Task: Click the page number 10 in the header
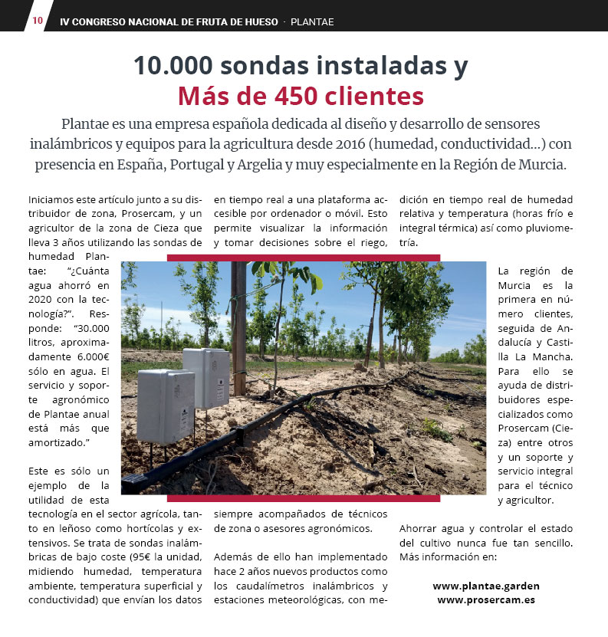coord(38,21)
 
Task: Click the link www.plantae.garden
coord(486,586)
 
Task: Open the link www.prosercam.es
coord(486,599)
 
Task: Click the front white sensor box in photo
coord(165,406)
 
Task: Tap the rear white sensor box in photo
coord(207,377)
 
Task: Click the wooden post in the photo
coord(239,330)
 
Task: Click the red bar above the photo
coord(303,258)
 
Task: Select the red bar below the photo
coord(303,498)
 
